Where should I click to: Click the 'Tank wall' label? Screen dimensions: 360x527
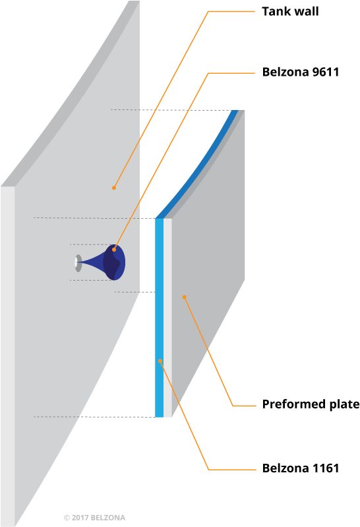point(290,11)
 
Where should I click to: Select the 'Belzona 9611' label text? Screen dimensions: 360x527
point(301,72)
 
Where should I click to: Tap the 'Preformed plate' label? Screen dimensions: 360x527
point(311,404)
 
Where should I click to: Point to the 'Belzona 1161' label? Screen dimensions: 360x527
point(301,468)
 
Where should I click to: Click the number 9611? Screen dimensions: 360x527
point(325,72)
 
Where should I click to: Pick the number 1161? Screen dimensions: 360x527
point(325,468)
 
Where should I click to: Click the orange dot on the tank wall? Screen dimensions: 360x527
point(114,188)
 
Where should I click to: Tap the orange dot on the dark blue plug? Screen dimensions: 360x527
point(114,250)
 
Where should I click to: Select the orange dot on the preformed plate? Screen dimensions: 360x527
point(184,297)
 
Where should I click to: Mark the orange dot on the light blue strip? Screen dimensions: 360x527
point(160,361)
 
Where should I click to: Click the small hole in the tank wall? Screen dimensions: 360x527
point(78,263)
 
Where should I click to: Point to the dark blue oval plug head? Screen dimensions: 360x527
point(114,262)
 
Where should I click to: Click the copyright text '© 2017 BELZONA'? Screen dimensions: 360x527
point(94,518)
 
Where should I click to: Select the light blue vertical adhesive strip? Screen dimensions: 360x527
point(159,318)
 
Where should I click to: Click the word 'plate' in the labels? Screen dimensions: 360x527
point(344,404)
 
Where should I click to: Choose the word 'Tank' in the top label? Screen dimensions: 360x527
point(274,11)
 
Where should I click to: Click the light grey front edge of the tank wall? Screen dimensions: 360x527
point(7,356)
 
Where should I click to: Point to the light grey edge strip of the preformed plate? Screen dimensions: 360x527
point(167,318)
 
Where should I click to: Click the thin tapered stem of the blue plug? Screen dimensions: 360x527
point(91,262)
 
